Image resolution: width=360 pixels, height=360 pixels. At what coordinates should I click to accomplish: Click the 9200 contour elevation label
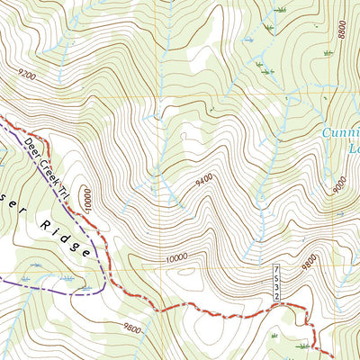25,77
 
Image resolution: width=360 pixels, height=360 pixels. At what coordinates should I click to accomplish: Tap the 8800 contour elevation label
342,30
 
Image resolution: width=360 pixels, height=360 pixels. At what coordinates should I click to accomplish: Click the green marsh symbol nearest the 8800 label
328,53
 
